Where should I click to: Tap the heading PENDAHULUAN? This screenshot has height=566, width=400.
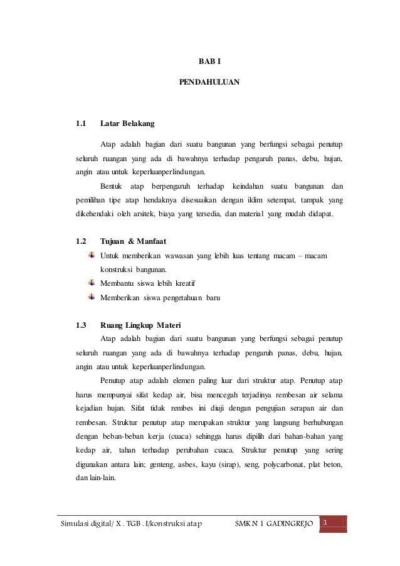click(x=209, y=82)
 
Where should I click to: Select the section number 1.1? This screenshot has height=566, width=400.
click(x=80, y=123)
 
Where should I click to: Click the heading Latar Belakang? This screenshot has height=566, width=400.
click(x=128, y=123)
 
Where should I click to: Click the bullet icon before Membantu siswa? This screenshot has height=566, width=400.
click(x=92, y=282)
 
